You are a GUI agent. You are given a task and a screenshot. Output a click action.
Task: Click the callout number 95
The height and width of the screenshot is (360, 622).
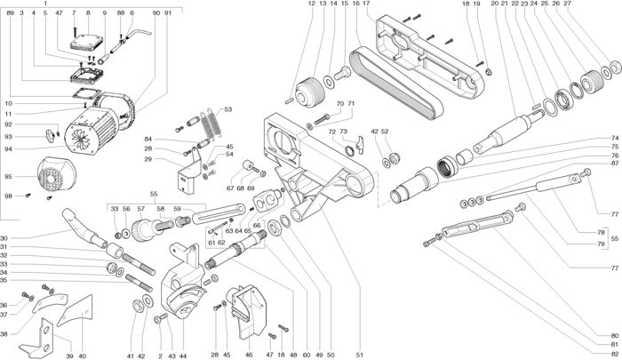coord(8,177)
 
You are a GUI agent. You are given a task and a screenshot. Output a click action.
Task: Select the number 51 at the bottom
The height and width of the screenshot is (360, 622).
coord(360,355)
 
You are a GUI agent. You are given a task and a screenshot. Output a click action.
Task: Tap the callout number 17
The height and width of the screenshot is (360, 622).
coord(366,4)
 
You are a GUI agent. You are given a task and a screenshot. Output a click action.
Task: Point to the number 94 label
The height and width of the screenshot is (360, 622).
coord(8,149)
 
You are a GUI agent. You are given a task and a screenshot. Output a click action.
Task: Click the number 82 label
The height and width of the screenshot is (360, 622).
coord(615,354)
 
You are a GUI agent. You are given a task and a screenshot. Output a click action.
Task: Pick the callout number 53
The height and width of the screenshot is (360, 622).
coord(227,109)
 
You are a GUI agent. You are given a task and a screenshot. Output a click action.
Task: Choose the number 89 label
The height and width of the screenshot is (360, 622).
coord(11,13)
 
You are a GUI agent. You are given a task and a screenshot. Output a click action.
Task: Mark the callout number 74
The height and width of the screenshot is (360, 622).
coord(615,139)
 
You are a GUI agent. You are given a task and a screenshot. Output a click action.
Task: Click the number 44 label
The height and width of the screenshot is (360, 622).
coord(183,356)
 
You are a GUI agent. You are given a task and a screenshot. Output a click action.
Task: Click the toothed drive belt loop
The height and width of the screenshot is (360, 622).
coord(396,84)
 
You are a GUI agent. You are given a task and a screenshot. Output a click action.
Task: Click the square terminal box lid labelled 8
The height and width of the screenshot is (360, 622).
coord(87,42)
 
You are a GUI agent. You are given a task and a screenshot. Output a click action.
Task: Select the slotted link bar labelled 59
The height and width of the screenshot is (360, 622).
coord(219,213)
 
